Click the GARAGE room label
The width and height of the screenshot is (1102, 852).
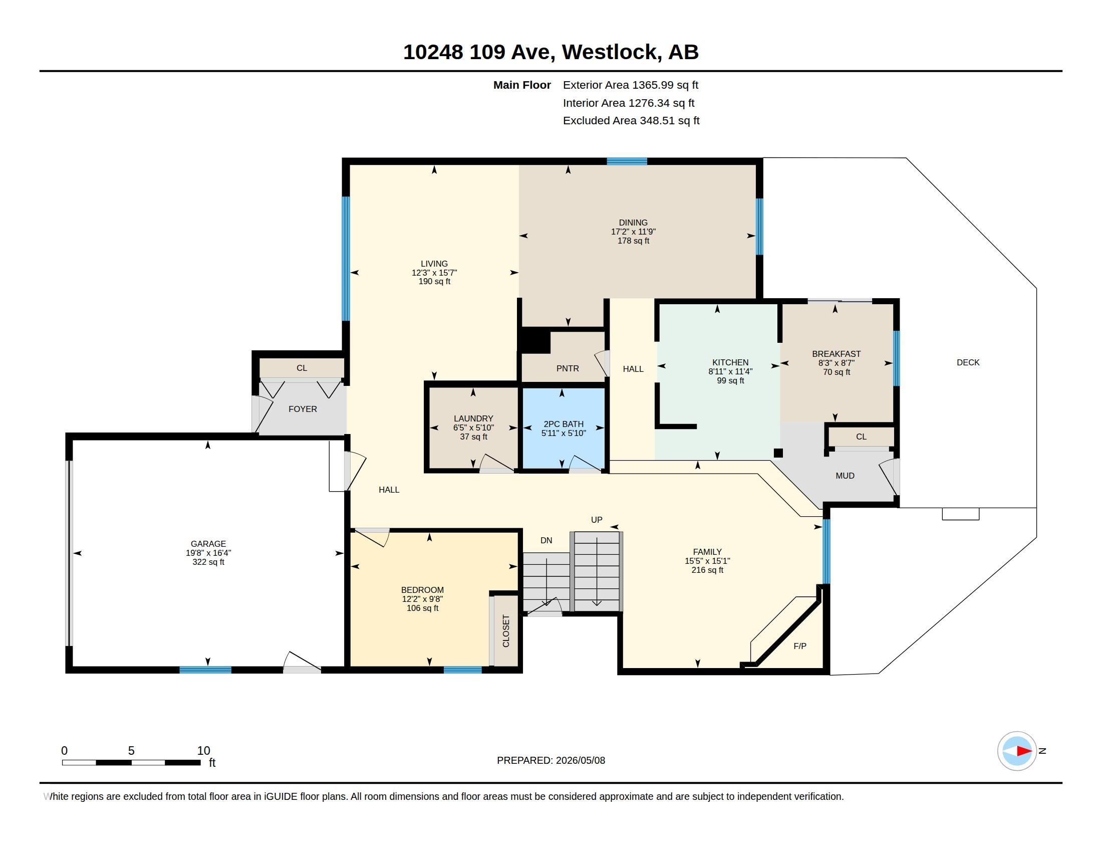(208, 544)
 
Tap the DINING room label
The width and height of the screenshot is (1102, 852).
(633, 223)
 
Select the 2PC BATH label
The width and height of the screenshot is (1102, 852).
(564, 424)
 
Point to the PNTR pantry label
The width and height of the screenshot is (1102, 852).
(568, 368)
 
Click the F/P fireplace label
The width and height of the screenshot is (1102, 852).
(800, 646)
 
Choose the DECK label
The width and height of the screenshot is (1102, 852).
(968, 362)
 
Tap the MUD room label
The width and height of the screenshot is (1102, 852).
(845, 476)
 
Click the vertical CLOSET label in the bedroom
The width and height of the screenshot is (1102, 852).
(506, 631)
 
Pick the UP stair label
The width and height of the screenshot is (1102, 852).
(597, 520)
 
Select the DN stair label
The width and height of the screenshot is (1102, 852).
(546, 541)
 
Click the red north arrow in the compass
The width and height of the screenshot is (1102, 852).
(1024, 751)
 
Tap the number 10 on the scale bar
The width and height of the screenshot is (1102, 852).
(203, 751)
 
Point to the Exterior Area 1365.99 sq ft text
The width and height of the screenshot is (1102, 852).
(630, 85)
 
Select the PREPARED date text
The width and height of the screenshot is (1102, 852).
(551, 761)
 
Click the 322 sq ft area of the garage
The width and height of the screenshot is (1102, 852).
(208, 562)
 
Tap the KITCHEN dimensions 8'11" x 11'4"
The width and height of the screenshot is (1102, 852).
(730, 371)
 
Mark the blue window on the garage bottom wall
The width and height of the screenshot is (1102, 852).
(205, 670)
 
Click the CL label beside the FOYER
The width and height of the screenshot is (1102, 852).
(302, 368)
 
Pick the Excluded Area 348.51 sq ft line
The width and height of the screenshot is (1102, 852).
(631, 121)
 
